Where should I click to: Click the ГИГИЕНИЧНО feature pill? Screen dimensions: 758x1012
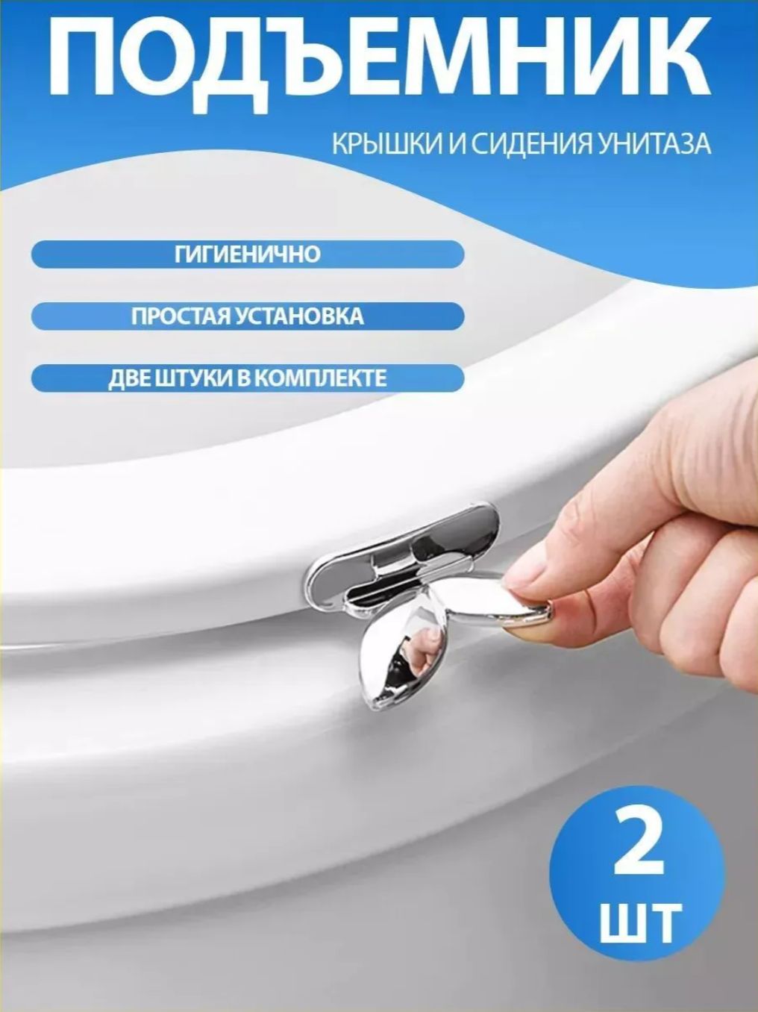click(x=248, y=254)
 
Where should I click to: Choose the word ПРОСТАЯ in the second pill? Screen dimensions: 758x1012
click(x=180, y=316)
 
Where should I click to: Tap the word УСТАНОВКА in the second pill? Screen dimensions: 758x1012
click(x=300, y=316)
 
